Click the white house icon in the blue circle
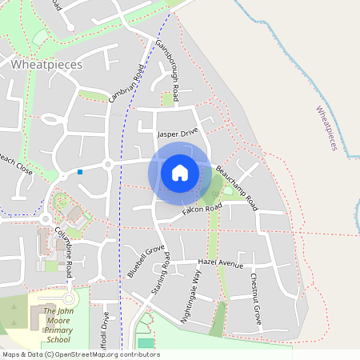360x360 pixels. coord(180,172)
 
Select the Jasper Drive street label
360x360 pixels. coord(178,134)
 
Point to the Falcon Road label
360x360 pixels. coord(202,209)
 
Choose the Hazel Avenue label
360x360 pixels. coord(220,262)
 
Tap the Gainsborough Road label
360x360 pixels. coord(170,64)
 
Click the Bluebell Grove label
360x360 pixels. coord(145,262)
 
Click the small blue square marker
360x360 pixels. coord(80,171)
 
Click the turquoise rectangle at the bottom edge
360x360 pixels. coord(146,343)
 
